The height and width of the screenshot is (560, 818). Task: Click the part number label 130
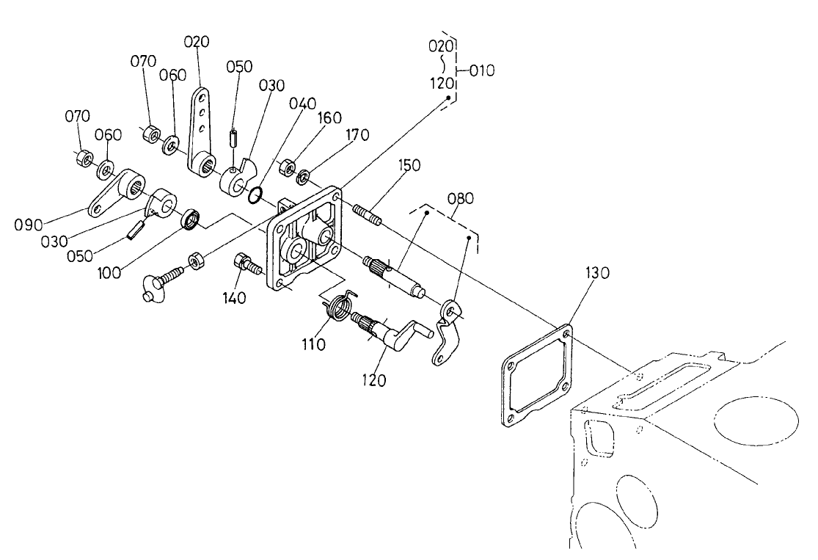click(x=597, y=273)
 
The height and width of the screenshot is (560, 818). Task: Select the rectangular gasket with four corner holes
click(x=536, y=377)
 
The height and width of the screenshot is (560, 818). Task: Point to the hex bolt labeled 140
click(x=247, y=264)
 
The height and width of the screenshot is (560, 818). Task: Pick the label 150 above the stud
click(x=410, y=165)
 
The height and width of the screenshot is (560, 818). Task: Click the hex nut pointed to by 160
click(x=288, y=163)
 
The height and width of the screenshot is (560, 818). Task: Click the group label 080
click(x=461, y=198)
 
